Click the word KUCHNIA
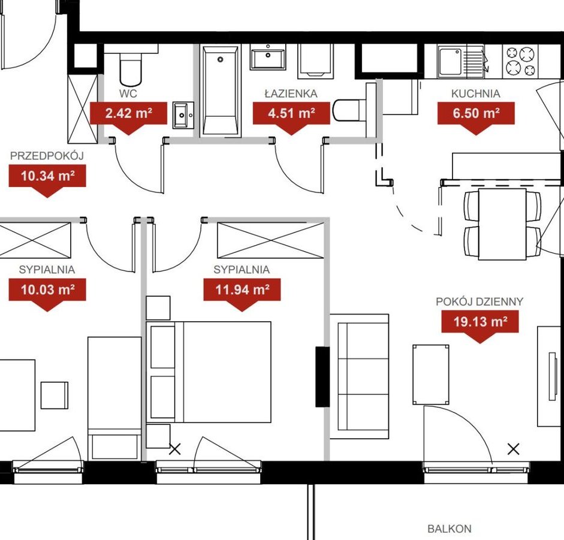point(475,93)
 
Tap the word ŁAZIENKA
point(291,93)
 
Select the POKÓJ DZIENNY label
point(479,301)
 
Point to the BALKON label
point(450,529)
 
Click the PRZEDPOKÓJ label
point(47,156)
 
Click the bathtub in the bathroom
point(220,91)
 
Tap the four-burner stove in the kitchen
point(521,61)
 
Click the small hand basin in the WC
point(184,115)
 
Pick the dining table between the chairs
point(502,224)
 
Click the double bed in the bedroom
point(209,372)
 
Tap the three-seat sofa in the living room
point(360,376)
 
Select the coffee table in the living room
point(431,375)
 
